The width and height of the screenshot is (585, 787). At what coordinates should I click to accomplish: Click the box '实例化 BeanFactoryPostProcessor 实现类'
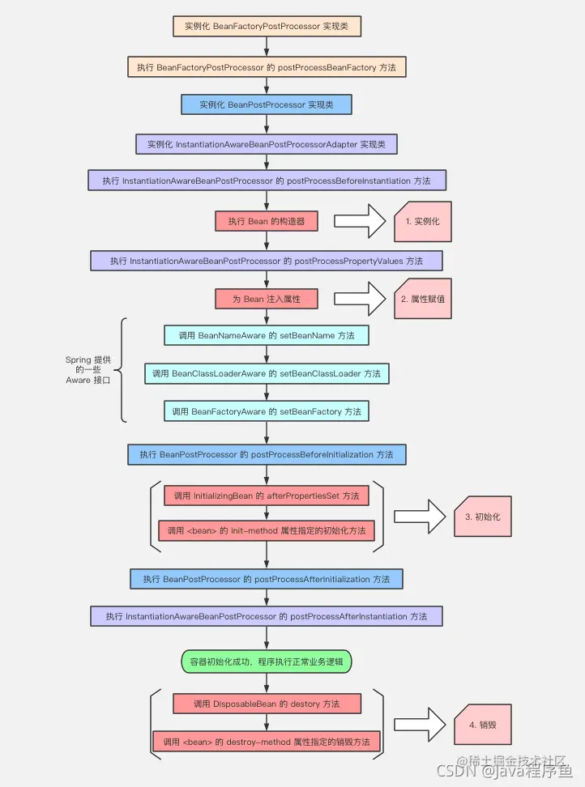point(267,26)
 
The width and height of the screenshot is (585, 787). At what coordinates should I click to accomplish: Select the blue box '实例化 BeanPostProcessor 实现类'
point(266,104)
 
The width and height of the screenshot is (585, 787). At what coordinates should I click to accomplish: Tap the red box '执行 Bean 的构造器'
point(266,221)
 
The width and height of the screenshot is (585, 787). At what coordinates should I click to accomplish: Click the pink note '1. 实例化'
point(423,221)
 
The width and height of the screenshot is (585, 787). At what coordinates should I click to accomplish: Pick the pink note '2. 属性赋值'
point(423,299)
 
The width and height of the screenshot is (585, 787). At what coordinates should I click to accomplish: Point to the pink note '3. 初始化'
point(483,517)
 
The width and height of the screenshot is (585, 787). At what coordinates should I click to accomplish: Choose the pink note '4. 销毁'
point(483,725)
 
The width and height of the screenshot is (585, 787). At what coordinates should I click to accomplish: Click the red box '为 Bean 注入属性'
point(266,299)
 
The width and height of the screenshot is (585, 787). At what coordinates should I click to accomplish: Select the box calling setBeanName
point(266,335)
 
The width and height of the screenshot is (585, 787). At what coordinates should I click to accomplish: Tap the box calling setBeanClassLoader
point(267,373)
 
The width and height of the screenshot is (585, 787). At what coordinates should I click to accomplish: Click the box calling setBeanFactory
point(266,411)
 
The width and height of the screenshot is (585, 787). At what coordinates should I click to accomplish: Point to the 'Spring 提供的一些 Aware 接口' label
point(88,370)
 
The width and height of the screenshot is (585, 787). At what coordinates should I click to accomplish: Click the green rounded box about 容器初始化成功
point(266,662)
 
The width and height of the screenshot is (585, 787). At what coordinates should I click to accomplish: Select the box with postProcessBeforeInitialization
point(267,454)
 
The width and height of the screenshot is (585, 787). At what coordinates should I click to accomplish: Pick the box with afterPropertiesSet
point(266,496)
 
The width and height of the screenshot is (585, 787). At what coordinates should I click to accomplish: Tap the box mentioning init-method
point(266,530)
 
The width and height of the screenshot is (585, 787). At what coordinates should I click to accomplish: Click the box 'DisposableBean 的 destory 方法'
point(267,704)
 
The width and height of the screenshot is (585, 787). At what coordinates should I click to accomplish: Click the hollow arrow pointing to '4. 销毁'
point(420,725)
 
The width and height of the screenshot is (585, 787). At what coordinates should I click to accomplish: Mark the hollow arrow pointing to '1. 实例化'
point(360,221)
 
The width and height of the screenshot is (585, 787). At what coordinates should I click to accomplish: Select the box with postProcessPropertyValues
point(266,261)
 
